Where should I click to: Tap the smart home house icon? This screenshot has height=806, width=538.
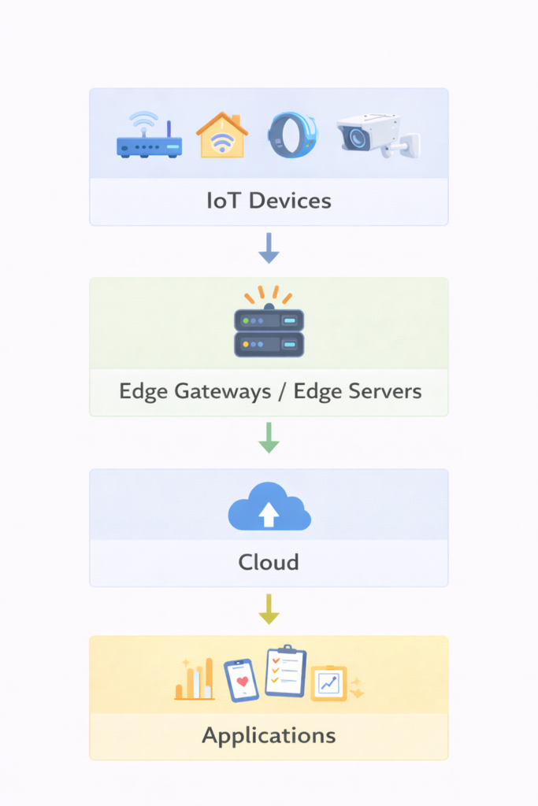pos(221,135)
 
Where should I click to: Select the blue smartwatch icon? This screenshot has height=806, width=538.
pos(291,135)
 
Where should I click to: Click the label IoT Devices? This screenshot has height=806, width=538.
pos(269,201)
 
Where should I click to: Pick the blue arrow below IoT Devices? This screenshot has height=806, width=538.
pos(269,248)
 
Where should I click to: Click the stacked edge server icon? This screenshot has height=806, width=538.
pos(269,330)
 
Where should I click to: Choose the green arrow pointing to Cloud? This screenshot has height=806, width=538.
pos(269,438)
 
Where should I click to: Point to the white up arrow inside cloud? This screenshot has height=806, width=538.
pos(269,515)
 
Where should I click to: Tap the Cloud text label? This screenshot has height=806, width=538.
pos(269,562)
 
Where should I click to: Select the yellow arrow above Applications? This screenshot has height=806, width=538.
pos(269,608)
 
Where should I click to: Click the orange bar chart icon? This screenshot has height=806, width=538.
pos(195,681)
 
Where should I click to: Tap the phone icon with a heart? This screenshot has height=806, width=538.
pos(241,680)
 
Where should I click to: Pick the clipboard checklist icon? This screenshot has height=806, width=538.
pos(285,671)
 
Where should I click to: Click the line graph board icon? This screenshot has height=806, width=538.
pos(328,683)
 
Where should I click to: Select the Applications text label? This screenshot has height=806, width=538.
pos(269,736)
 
